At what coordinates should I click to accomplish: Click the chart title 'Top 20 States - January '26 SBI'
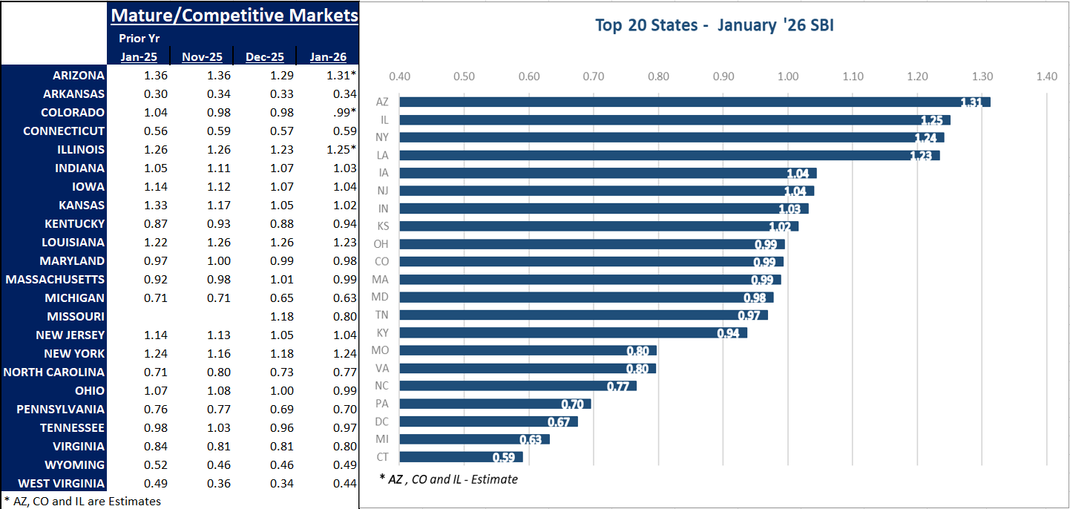pyautogui.click(x=715, y=25)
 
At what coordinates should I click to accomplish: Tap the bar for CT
pyautogui.click(x=461, y=457)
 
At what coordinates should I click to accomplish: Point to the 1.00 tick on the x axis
pyautogui.click(x=788, y=76)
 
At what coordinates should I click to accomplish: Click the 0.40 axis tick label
pyautogui.click(x=400, y=76)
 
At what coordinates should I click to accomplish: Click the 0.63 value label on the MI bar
pyautogui.click(x=530, y=439)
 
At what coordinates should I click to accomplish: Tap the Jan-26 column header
pyautogui.click(x=328, y=57)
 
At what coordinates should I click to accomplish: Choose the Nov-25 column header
pyautogui.click(x=203, y=57)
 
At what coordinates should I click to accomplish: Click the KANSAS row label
pyautogui.click(x=82, y=206)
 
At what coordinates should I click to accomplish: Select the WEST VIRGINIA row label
pyautogui.click(x=56, y=484)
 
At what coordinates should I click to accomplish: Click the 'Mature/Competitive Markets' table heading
pyautogui.click(x=234, y=16)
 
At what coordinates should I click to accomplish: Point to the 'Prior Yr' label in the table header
pyautogui.click(x=140, y=39)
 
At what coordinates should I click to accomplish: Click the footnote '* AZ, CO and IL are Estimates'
pyautogui.click(x=82, y=501)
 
